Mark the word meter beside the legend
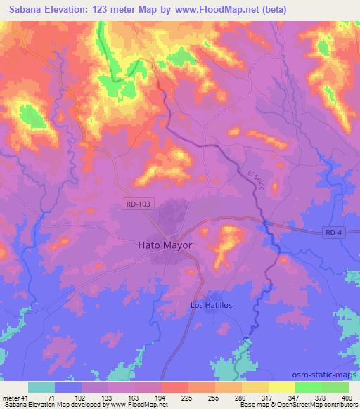point(10,397)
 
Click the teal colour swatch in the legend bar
point(41,387)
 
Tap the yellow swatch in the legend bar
point(281,387)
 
